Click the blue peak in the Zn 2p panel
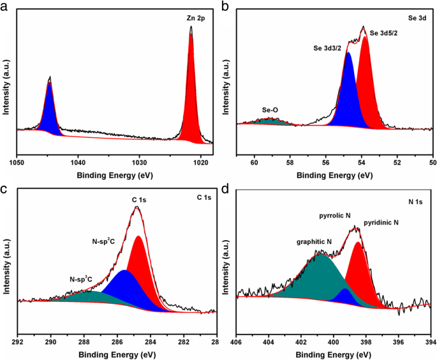50,112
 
